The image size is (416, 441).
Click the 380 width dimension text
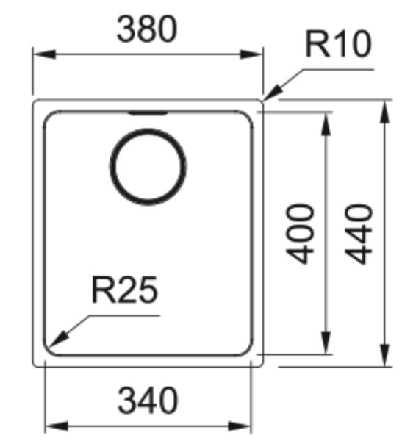[147, 29]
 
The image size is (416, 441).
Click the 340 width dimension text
[147, 401]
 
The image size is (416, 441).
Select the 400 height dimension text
[302, 234]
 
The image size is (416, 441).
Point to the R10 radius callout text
[338, 46]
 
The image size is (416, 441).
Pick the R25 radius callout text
[124, 291]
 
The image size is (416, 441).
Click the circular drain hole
[147, 165]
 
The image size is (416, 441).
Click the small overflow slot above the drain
[147, 113]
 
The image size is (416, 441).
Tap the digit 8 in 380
[147, 29]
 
